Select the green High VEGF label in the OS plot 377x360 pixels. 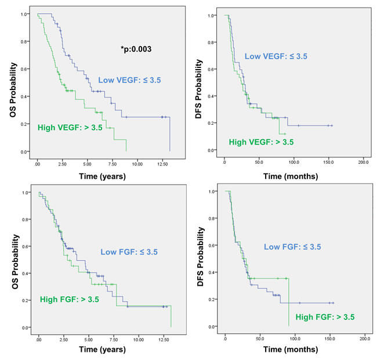point(70,127)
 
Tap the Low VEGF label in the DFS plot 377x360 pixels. point(276,56)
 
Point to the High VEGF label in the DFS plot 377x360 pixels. point(261,142)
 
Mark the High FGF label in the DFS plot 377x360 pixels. point(325,317)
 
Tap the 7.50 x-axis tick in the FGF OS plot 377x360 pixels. point(114,337)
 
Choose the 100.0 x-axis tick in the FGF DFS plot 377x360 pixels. point(295,337)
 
